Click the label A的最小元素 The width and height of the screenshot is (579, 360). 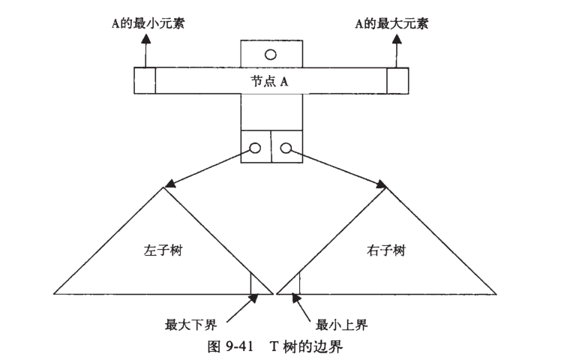[x=147, y=24]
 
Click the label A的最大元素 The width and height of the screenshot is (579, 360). [x=392, y=24]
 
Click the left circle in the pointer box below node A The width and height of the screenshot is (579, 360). [x=256, y=148]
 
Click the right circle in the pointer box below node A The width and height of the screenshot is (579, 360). [x=286, y=148]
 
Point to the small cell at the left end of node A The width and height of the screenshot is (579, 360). [x=145, y=81]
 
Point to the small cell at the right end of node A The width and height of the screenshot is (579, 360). [x=397, y=81]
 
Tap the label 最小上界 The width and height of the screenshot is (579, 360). [x=342, y=325]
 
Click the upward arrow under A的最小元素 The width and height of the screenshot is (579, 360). [x=145, y=51]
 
